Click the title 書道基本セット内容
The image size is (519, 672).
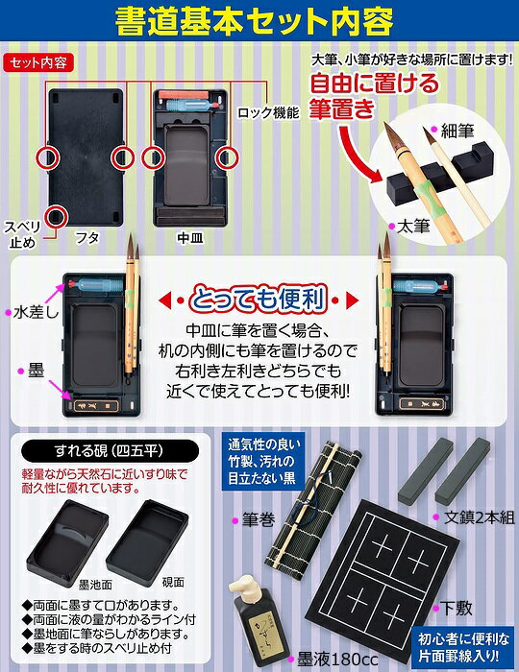point(259,22)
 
